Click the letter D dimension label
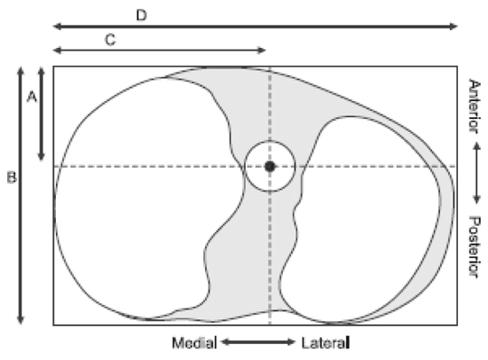[142, 15]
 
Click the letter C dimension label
[110, 40]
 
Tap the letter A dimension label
[32, 97]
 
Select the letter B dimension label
[12, 177]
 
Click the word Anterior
[475, 106]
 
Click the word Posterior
[475, 247]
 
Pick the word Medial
[194, 343]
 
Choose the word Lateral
[326, 343]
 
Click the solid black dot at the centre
[270, 167]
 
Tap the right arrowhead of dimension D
[454, 26]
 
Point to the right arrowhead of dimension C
[262, 50]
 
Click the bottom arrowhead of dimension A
[41, 157]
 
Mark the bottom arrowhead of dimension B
[20, 320]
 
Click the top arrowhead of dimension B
[20, 71]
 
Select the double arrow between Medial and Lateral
[258, 342]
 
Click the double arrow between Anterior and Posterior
[476, 173]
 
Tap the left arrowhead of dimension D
[57, 26]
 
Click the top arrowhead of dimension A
[41, 71]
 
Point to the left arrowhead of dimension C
[57, 50]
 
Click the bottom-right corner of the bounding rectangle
[457, 325]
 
